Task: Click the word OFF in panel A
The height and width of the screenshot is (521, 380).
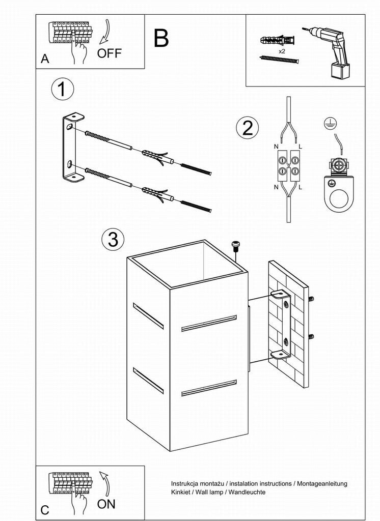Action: pos(109,53)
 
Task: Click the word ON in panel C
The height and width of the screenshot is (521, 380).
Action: pos(106,504)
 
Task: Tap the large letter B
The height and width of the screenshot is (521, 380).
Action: pos(161,38)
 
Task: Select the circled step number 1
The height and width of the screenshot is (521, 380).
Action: pos(62,90)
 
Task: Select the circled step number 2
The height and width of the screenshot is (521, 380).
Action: pos(248,127)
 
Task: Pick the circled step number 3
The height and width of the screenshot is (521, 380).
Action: pos(113,239)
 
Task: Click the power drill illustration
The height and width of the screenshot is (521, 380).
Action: pos(331,51)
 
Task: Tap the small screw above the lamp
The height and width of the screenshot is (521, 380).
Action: pos(236,245)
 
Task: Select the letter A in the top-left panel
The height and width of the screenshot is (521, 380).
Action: pos(45,60)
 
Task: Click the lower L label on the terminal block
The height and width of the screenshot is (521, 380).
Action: pos(300,188)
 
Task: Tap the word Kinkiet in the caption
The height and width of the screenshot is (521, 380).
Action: pos(182,492)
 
